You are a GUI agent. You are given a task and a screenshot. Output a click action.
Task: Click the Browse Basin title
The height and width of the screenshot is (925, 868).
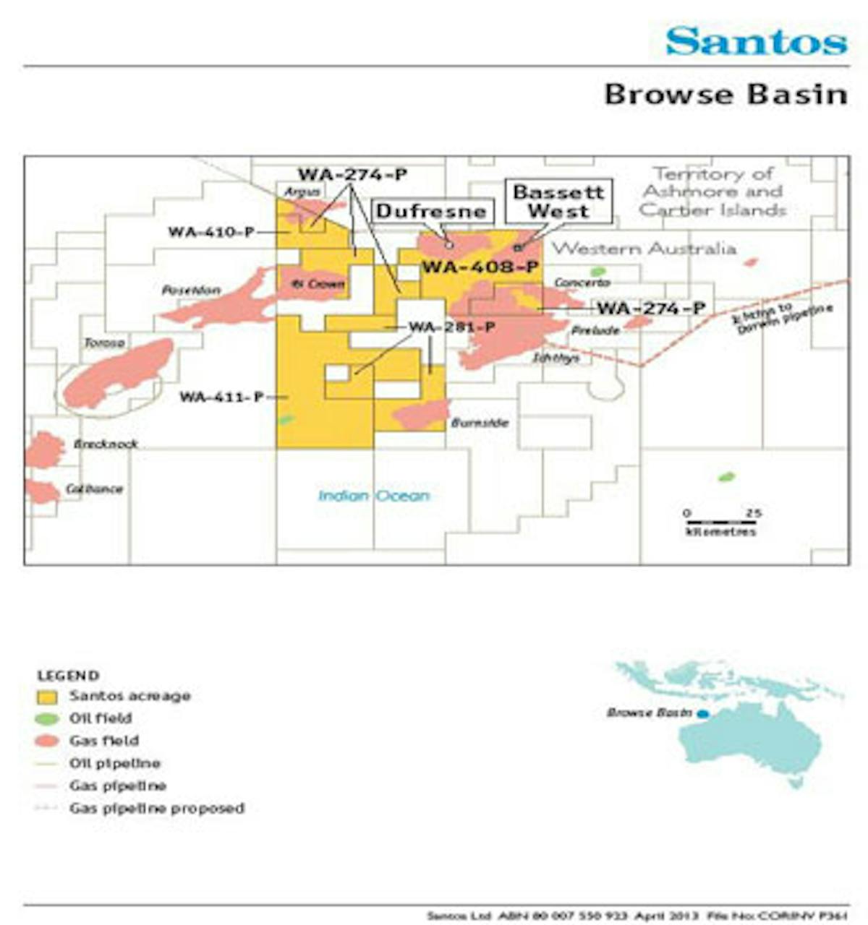pyautogui.click(x=725, y=94)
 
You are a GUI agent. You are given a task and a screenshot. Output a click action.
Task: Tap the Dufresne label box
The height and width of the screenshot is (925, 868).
pyautogui.click(x=432, y=211)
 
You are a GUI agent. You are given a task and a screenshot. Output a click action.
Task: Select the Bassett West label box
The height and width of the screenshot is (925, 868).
pyautogui.click(x=558, y=202)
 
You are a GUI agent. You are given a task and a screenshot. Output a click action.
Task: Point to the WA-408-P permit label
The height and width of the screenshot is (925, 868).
pyautogui.click(x=480, y=267)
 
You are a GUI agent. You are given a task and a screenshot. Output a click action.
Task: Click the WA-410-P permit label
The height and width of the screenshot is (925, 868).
pyautogui.click(x=211, y=232)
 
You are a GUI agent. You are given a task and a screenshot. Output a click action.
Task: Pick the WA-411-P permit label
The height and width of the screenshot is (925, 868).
pyautogui.click(x=222, y=397)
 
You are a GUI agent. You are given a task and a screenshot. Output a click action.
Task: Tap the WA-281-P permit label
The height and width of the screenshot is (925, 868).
pyautogui.click(x=452, y=327)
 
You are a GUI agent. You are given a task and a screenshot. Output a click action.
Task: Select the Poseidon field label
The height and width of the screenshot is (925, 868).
pyautogui.click(x=191, y=291)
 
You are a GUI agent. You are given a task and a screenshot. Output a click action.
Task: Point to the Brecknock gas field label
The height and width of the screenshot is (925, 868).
pyautogui.click(x=106, y=444)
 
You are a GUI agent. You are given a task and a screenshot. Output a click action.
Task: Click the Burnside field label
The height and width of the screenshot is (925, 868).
pyautogui.click(x=480, y=423)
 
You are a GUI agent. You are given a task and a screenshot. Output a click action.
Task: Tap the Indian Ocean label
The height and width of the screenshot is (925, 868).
pyautogui.click(x=374, y=496)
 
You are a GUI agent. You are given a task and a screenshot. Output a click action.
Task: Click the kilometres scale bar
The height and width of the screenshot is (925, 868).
pyautogui.click(x=720, y=521)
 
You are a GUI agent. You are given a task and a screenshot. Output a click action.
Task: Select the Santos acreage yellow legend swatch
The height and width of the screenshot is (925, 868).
pyautogui.click(x=48, y=697)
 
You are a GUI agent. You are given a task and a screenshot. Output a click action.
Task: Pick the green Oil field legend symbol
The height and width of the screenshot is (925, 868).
pyautogui.click(x=48, y=719)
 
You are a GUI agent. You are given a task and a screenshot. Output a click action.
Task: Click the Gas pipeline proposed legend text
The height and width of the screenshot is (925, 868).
pyautogui.click(x=157, y=808)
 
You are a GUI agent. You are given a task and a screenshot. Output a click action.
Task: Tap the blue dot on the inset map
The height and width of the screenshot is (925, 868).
pyautogui.click(x=702, y=714)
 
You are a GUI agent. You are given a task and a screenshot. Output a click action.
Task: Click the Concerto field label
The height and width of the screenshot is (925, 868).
pyautogui.click(x=582, y=283)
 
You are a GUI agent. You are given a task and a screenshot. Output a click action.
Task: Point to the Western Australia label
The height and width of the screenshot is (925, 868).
pyautogui.click(x=644, y=249)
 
